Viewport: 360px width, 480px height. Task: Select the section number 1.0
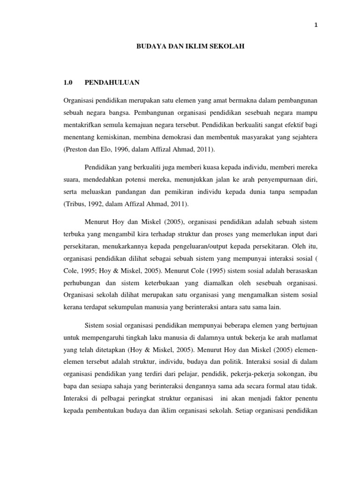pyautogui.click(x=69, y=82)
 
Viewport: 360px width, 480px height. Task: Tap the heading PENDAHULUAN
pyautogui.click(x=112, y=82)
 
